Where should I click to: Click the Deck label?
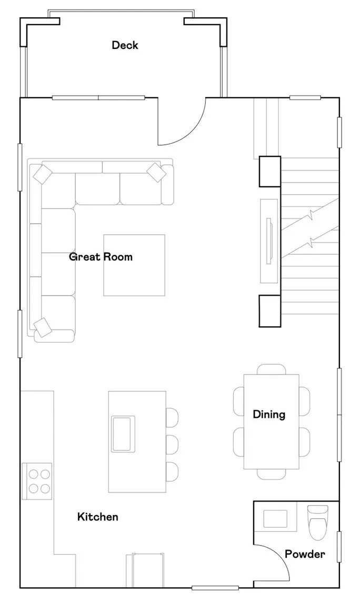[125, 45]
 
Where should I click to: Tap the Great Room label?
[101, 257]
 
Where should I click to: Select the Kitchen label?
[98, 517]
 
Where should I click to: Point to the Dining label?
[269, 414]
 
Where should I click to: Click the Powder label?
[305, 554]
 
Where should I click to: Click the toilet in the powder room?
[317, 521]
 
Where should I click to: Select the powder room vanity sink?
[275, 518]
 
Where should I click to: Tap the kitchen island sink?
[123, 433]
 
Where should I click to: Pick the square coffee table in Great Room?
[134, 265]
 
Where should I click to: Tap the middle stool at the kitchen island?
[172, 444]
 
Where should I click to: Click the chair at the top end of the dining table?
[271, 369]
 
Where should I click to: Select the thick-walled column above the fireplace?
[269, 172]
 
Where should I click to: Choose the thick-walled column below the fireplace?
[269, 310]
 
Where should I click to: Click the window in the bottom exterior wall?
[215, 588]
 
